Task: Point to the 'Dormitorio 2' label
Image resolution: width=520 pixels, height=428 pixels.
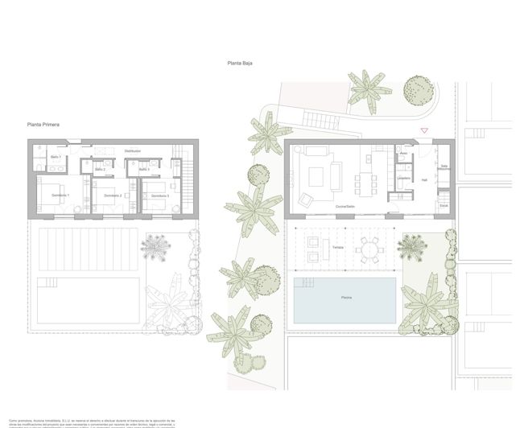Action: (107, 195)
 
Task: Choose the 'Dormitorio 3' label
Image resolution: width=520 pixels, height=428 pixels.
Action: (155, 195)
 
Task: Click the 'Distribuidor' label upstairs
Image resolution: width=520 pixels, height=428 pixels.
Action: (132, 151)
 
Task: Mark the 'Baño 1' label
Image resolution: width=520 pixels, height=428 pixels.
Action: (56, 156)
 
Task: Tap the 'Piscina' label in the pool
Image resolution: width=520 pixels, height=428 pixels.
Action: (344, 298)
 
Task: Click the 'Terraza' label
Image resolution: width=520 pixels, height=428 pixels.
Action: (337, 248)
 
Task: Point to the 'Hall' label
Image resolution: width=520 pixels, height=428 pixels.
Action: (424, 180)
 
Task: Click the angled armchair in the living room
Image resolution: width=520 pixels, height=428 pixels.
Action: (307, 199)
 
